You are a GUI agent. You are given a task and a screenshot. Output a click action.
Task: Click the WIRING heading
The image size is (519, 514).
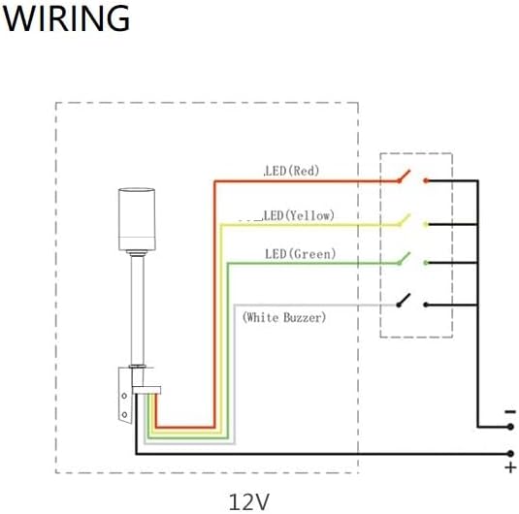(66, 17)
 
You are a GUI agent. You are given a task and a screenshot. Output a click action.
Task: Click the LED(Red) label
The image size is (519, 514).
(292, 171)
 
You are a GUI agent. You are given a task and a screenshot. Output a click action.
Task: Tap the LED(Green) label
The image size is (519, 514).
(301, 254)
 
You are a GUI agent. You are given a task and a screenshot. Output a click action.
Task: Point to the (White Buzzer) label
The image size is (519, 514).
(284, 316)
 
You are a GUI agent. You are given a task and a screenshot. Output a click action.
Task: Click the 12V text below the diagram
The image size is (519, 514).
(249, 500)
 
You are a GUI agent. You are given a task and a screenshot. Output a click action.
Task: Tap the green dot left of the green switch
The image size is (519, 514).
(398, 263)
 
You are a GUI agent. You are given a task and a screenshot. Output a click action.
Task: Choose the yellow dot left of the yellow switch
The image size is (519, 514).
(398, 222)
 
